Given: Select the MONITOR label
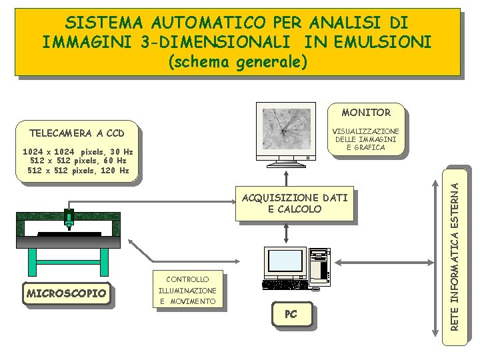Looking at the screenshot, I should coord(366,113).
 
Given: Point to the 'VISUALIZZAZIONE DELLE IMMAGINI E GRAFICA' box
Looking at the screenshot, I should coord(366,139).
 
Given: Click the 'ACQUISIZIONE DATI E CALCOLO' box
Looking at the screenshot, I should coord(290,203).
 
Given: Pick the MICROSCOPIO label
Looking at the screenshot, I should coord(67,293).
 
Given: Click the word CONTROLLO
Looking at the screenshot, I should coord(187,279).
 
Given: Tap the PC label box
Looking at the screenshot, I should coord(291,314).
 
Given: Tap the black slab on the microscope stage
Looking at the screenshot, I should coord(69,234).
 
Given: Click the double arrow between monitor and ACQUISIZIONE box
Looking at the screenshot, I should coord(285,179).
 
